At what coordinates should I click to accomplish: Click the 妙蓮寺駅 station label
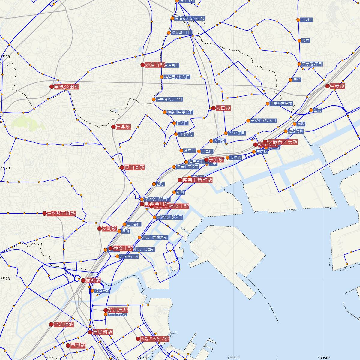[155, 65]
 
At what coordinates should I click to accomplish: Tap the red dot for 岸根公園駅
[52, 87]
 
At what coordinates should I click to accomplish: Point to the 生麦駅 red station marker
[327, 86]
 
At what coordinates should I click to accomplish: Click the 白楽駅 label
[123, 127]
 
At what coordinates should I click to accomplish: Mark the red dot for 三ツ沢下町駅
[44, 214]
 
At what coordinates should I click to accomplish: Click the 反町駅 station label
[109, 229]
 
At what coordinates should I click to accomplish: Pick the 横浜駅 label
[93, 281]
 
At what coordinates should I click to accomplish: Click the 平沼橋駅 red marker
[51, 324]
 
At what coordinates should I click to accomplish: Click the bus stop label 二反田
[306, 20]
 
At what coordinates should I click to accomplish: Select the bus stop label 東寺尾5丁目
[312, 64]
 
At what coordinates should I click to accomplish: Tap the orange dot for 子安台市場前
[268, 104]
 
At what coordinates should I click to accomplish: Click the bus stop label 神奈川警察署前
[155, 238]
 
